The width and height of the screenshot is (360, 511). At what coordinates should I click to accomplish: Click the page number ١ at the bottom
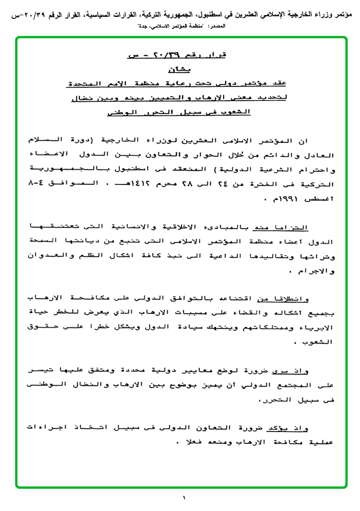tap(184, 497)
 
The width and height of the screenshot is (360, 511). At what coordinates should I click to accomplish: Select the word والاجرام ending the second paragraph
tap(320, 271)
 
